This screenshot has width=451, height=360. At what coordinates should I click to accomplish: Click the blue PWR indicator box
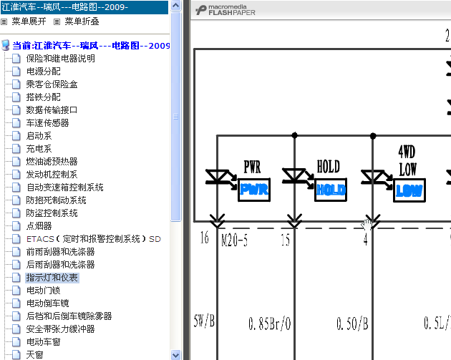pyautogui.click(x=254, y=190)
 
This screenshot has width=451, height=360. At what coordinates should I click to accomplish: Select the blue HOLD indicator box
pyautogui.click(x=331, y=190)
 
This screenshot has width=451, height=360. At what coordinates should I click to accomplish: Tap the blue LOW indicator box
pyautogui.click(x=409, y=190)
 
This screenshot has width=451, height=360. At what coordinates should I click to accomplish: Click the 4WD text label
pyautogui.click(x=407, y=152)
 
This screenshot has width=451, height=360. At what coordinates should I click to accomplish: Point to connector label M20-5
pyautogui.click(x=234, y=240)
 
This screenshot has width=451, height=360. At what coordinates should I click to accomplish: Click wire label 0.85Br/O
pyautogui.click(x=269, y=323)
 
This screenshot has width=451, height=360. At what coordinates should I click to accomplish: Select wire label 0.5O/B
pyautogui.click(x=352, y=323)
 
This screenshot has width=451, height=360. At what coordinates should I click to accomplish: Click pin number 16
pyautogui.click(x=204, y=238)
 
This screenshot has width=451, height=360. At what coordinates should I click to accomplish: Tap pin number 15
pyautogui.click(x=286, y=239)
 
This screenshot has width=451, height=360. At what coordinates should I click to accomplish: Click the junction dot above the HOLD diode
pyautogui.click(x=294, y=135)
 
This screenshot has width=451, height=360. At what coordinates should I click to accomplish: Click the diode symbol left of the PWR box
pyautogui.click(x=217, y=177)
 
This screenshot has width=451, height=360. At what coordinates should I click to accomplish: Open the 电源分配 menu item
pyautogui.click(x=44, y=72)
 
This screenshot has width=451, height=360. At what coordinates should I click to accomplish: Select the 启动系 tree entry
pyautogui.click(x=39, y=136)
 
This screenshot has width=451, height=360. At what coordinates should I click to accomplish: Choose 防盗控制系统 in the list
pyautogui.click(x=52, y=213)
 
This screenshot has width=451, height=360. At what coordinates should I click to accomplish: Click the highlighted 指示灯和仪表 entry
pyautogui.click(x=52, y=278)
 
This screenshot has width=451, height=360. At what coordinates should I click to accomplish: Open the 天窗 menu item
pyautogui.click(x=34, y=354)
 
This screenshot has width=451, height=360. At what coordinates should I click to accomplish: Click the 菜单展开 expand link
pyautogui.click(x=29, y=21)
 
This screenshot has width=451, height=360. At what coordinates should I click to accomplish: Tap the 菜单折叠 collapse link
pyautogui.click(x=82, y=21)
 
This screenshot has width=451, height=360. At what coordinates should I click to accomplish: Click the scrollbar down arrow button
pyautogui.click(x=175, y=355)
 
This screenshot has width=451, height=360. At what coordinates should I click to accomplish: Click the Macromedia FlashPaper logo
pyautogui.click(x=225, y=10)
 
